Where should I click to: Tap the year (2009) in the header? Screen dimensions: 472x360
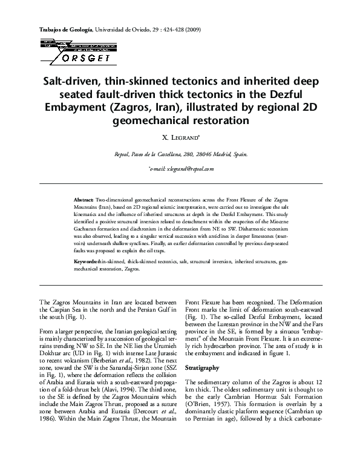(x=192, y=30)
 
